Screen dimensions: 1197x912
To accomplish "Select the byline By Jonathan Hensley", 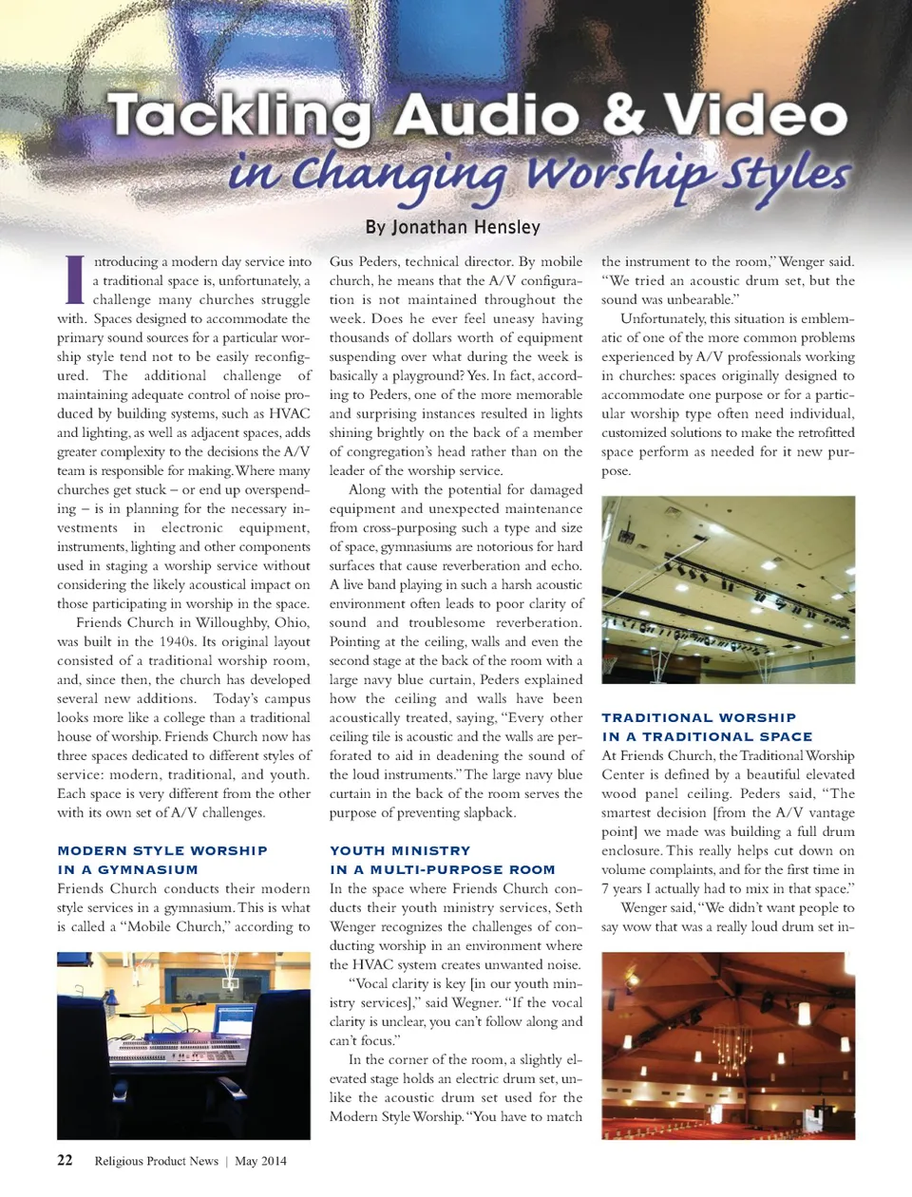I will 453,227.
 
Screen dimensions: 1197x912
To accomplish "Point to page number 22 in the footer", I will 65,1160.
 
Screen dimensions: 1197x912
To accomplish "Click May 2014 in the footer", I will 260,1161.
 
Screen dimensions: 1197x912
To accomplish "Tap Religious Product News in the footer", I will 156,1161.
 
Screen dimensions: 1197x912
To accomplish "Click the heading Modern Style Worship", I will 162,851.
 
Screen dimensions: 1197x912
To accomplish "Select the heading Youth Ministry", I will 400,851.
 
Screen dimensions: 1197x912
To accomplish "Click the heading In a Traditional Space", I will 707,737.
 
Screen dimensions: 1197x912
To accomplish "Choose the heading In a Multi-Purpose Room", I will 442,870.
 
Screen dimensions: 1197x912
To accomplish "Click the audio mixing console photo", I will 183,1045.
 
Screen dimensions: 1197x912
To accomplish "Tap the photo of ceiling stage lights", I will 728,589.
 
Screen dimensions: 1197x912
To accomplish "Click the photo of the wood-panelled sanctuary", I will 728,1045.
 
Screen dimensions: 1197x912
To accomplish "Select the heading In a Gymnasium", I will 127,870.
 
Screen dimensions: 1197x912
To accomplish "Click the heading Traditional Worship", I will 698,718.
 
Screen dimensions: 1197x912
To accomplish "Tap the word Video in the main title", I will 754,116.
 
